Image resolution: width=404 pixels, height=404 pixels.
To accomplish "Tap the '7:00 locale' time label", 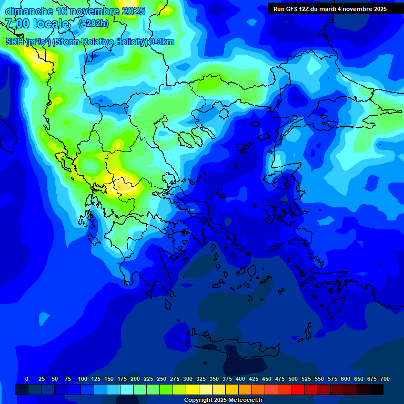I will click(37, 24).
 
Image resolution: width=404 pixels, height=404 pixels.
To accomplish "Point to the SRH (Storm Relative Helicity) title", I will click(89, 42).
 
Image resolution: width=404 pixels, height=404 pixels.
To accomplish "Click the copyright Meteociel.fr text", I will click(223, 400).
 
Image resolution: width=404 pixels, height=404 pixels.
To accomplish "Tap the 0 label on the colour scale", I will click(27, 379).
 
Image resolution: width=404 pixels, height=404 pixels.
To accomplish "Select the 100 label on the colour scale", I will click(83, 379).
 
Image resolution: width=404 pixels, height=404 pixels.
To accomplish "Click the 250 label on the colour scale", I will click(161, 379).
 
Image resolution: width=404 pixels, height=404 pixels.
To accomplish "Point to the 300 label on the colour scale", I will click(188, 379).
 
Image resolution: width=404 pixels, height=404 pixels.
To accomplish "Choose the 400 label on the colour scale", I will click(240, 379).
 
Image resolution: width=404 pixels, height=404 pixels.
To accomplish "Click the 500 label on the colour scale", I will click(293, 379).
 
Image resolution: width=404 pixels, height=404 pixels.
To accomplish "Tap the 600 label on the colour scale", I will click(346, 379).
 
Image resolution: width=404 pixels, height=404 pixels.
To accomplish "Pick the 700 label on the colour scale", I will click(385, 379).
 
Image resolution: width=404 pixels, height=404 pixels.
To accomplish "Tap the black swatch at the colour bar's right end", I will click(377, 389).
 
